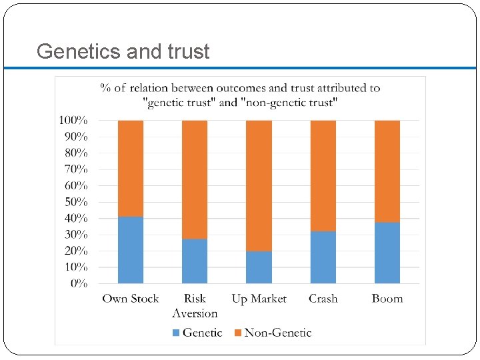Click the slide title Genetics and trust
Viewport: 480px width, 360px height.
[123, 51]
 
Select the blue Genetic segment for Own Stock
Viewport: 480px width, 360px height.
[131, 250]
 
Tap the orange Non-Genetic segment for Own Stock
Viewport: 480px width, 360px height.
[131, 169]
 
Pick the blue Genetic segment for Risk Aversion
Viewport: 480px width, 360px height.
[195, 261]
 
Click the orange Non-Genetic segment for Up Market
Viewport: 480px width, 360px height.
[259, 186]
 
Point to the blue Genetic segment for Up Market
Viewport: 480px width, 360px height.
[259, 267]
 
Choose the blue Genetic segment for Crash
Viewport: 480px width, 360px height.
[323, 257]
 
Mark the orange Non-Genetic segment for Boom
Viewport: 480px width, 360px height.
[387, 171]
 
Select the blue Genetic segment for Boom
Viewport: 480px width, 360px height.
[387, 253]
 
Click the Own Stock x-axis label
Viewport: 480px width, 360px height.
[131, 299]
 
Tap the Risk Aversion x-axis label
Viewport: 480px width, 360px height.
[195, 306]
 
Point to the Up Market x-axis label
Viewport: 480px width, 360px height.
[259, 299]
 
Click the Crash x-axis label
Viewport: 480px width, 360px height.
[323, 299]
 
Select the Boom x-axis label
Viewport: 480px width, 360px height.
[387, 299]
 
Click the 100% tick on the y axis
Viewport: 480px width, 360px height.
[73, 121]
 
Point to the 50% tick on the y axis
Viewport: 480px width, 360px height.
[76, 202]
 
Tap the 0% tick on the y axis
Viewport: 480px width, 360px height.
[79, 283]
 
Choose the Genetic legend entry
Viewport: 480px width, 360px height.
[197, 332]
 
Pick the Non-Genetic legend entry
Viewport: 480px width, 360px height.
[273, 332]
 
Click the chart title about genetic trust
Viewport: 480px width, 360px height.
[240, 95]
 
